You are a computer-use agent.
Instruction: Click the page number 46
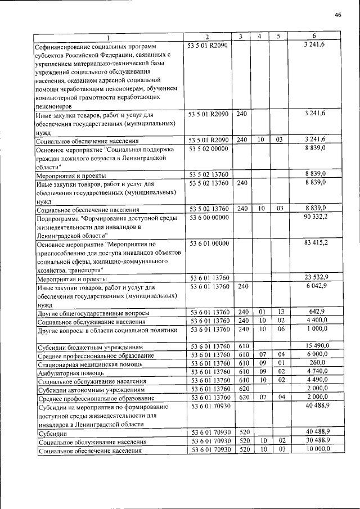click(x=338, y=15)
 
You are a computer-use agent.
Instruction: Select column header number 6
click(x=322, y=37)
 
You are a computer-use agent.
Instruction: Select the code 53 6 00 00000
click(x=208, y=217)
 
